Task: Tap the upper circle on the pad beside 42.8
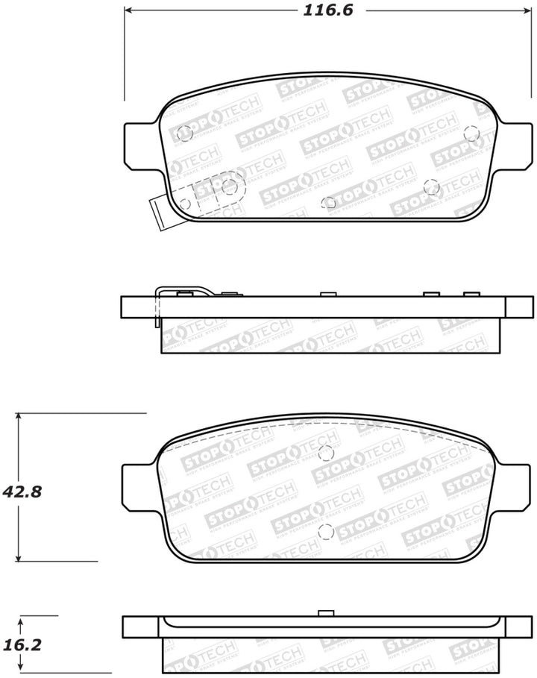325,452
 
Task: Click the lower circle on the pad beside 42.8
325,532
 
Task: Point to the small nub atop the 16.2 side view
324,614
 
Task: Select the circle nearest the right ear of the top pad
471,133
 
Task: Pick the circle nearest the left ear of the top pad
185,134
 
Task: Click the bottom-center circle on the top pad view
329,202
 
